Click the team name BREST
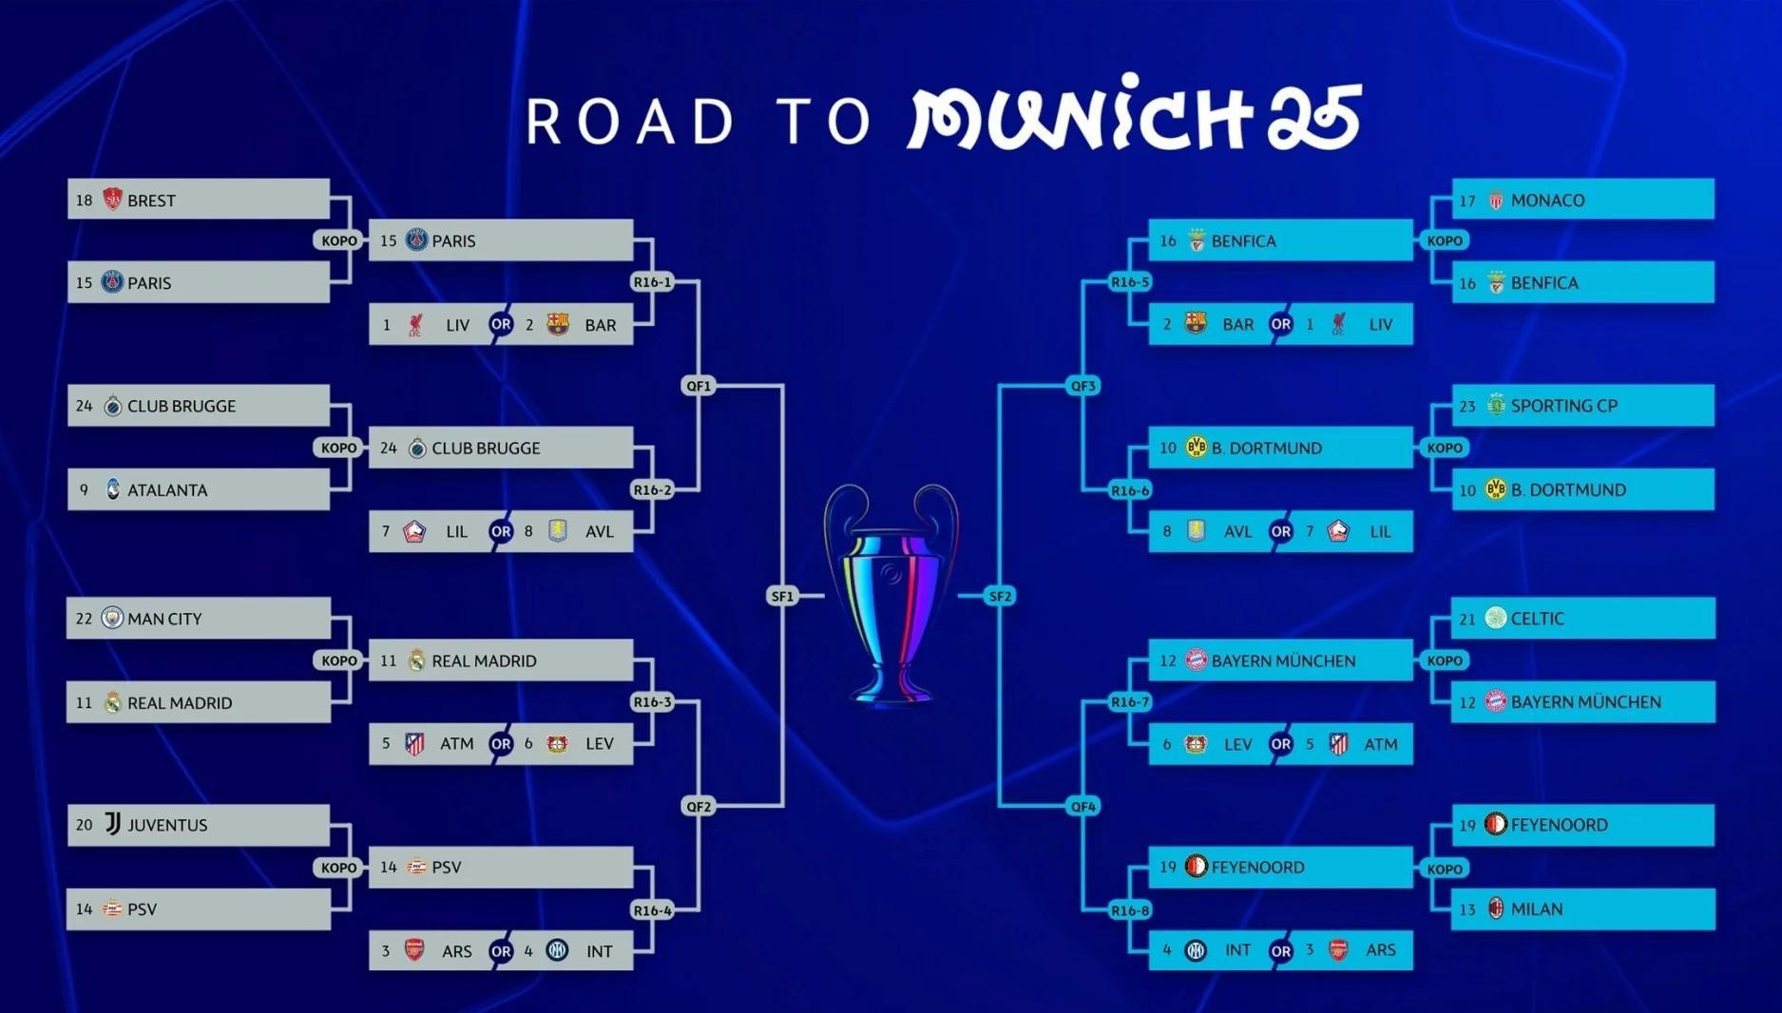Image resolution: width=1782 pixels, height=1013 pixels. (151, 201)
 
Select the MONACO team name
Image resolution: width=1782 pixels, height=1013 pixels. (1547, 201)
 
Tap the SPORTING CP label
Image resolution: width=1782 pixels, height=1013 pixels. (1563, 406)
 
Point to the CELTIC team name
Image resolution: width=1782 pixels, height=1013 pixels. (1537, 619)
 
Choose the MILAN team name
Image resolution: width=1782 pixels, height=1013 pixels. (1536, 909)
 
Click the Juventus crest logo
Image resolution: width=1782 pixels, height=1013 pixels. (112, 824)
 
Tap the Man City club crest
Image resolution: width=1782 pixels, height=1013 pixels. (112, 618)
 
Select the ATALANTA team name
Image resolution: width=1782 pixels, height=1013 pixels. (167, 490)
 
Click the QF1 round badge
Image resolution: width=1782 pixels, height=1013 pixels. (699, 386)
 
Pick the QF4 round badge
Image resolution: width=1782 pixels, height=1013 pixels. (1083, 807)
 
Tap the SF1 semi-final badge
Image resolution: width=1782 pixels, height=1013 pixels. (782, 597)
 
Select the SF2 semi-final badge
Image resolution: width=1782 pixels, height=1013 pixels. (1001, 597)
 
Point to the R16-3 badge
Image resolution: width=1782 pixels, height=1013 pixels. (653, 702)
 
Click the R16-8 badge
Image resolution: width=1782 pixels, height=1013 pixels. (1130, 910)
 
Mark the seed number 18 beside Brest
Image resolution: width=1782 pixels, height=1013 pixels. (84, 201)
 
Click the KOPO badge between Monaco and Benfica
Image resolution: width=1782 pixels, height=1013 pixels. (1445, 241)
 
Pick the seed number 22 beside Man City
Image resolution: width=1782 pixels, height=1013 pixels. (84, 619)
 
